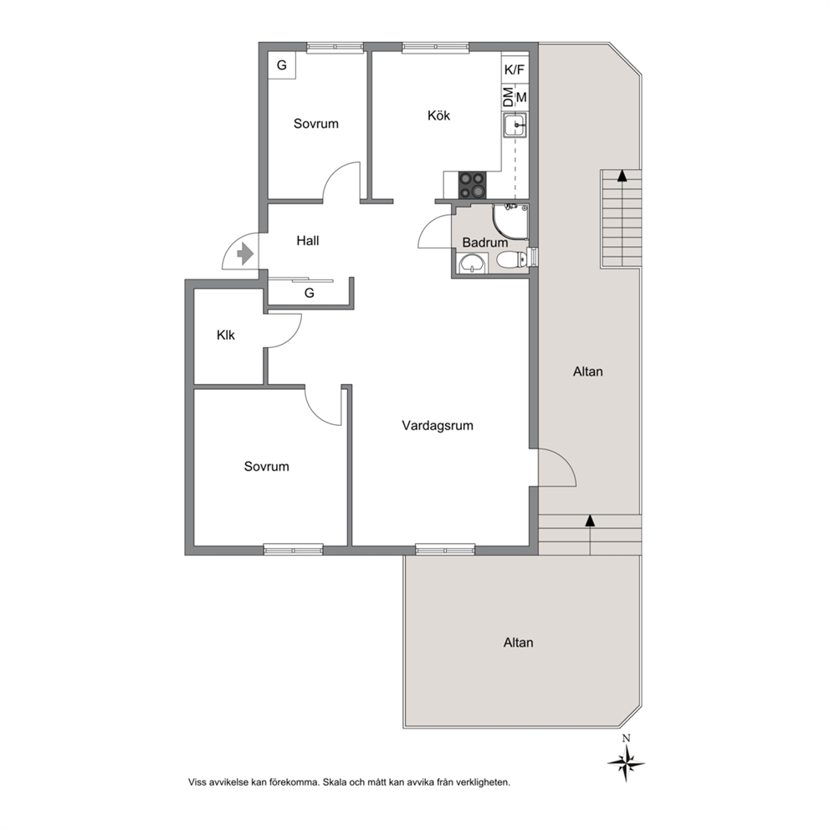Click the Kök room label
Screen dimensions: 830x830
pyautogui.click(x=438, y=115)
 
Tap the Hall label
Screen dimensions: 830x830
pyautogui.click(x=308, y=241)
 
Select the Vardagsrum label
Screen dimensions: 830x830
pyautogui.click(x=438, y=426)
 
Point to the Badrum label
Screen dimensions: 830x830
pyautogui.click(x=485, y=243)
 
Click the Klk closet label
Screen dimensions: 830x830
pyautogui.click(x=226, y=335)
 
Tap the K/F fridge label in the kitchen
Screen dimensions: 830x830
pyautogui.click(x=514, y=69)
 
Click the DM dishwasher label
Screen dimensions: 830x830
pyautogui.click(x=508, y=97)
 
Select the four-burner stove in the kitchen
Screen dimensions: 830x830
pyautogui.click(x=472, y=185)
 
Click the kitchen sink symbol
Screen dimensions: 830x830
pyautogui.click(x=515, y=126)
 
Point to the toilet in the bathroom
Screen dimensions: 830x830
pyautogui.click(x=511, y=259)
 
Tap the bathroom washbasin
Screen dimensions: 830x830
pyautogui.click(x=471, y=263)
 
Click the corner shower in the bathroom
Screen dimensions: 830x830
pyautogui.click(x=510, y=222)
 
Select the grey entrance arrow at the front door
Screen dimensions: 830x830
pyautogui.click(x=245, y=254)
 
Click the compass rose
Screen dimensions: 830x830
pyautogui.click(x=626, y=763)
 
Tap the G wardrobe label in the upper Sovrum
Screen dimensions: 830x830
pyautogui.click(x=282, y=65)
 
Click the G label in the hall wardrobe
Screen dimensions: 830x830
pyautogui.click(x=309, y=293)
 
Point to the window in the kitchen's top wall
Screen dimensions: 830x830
pyautogui.click(x=436, y=48)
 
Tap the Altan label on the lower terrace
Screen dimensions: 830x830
pyautogui.click(x=518, y=643)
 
